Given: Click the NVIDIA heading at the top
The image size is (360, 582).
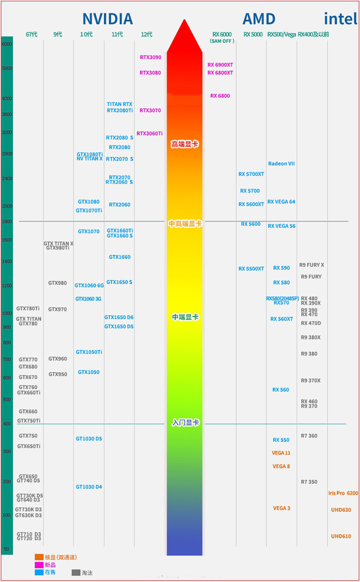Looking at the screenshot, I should tap(108, 19).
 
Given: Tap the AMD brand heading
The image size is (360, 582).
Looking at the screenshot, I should tap(259, 19).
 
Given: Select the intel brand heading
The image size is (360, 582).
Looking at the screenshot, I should tap(341, 19).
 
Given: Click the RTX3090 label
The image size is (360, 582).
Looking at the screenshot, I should tap(150, 57).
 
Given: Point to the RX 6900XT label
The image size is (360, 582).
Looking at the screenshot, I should tap(220, 65).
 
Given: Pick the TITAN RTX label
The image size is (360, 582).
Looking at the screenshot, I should tap(120, 104).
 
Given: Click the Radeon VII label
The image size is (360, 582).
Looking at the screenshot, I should tap(281, 164).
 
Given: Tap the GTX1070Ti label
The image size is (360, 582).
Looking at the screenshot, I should tap(89, 210).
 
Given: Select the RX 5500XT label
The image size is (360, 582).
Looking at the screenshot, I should tap(251, 269).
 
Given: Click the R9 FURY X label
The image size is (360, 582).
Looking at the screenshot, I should tap(311, 265).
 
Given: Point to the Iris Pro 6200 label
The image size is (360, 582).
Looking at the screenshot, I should tap(343, 493).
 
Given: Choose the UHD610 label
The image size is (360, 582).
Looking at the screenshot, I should tap(341, 536).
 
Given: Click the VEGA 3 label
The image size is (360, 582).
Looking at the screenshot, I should tap(282, 508).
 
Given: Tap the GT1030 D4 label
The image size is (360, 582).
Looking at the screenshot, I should tap(89, 487).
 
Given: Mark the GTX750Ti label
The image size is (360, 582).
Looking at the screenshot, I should tap(29, 421).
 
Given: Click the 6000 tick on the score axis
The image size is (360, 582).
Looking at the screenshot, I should tap(7, 44).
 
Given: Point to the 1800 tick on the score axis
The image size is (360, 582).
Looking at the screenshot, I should tap(7, 222).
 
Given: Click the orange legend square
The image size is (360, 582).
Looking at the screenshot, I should tap(39, 557).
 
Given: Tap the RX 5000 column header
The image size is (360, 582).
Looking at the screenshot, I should tap(253, 35).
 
